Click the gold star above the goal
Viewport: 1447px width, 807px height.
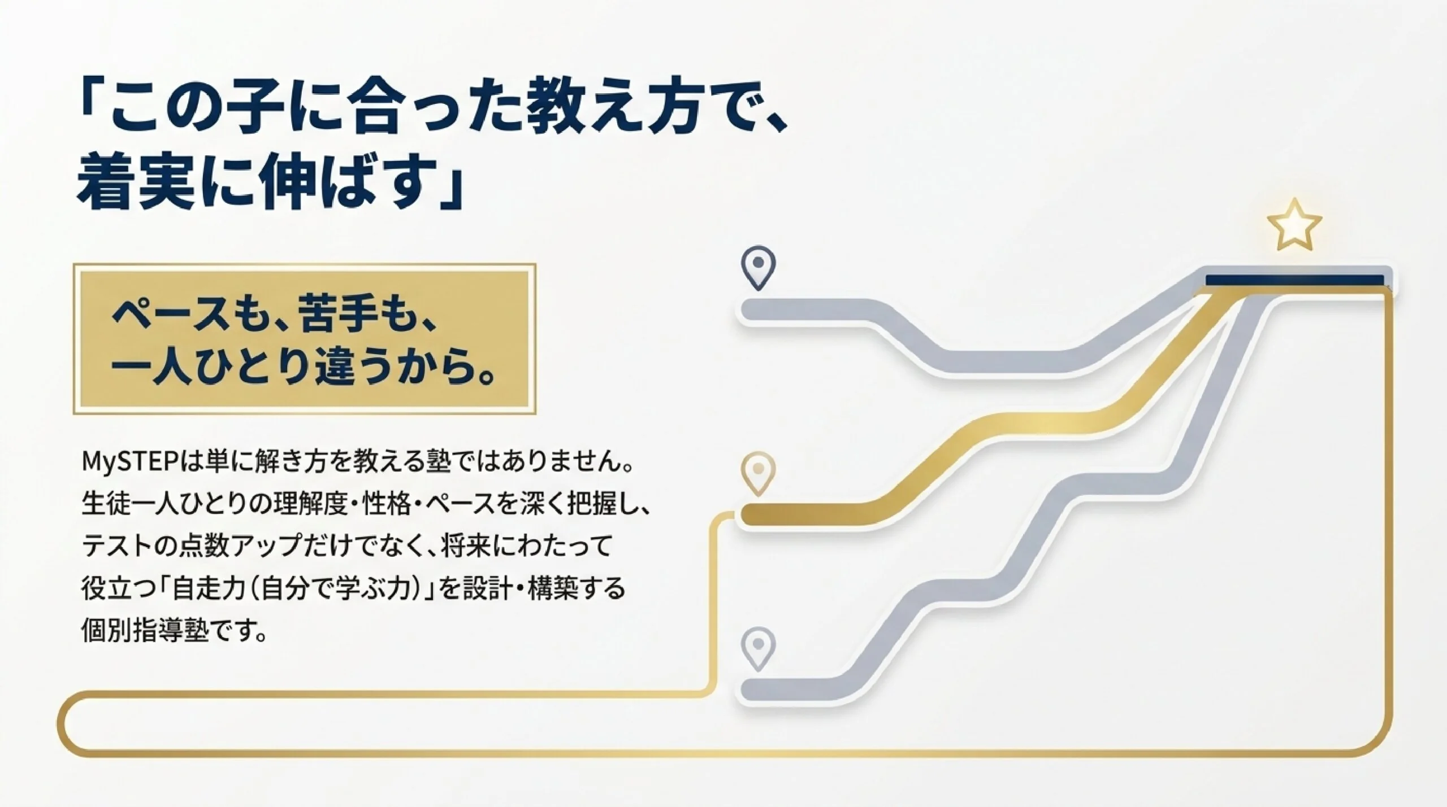pos(1294,225)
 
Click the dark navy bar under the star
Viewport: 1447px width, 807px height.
pos(1295,281)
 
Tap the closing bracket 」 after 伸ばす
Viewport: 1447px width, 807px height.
pos(450,189)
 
